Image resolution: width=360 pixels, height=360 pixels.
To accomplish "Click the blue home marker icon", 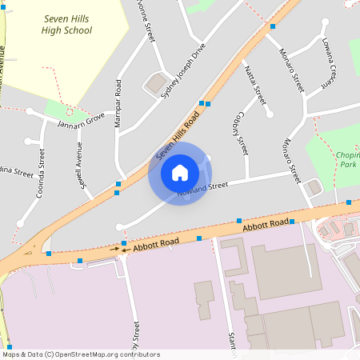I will pos(180,173).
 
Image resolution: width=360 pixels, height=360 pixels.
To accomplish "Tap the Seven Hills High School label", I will pos(67,25).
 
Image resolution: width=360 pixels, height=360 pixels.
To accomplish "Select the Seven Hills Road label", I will pos(177,133).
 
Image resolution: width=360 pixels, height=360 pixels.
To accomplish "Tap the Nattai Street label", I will pos(254,86).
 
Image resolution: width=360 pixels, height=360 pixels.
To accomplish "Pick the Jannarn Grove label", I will pos(81,121).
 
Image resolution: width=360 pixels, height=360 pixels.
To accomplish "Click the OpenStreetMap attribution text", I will pos(80,354).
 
